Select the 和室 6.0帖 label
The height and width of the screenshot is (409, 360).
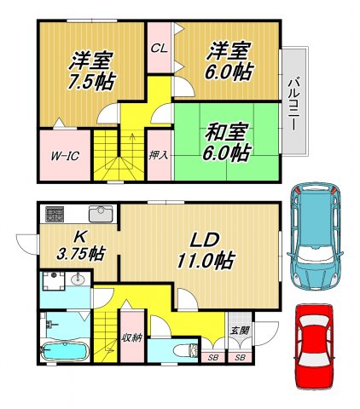click(x=227, y=142)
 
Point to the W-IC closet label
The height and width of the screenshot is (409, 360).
click(x=65, y=156)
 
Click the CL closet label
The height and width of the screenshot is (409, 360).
click(x=159, y=48)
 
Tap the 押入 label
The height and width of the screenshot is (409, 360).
click(x=158, y=156)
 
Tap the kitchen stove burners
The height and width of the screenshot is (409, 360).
click(x=54, y=213)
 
